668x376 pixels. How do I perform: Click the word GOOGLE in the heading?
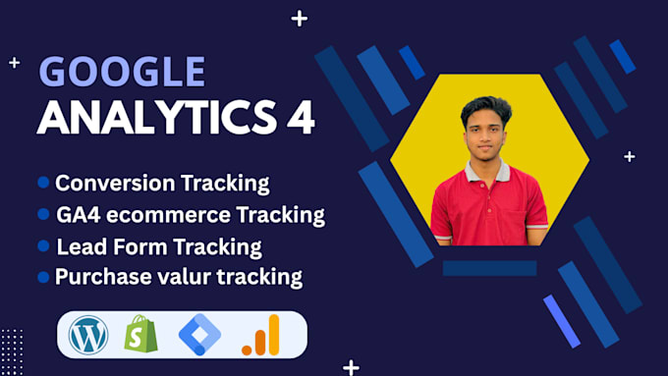tap(122, 74)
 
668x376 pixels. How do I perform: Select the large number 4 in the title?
tap(299, 119)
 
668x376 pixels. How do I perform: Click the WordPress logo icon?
tap(88, 335)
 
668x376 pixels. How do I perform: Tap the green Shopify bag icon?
tap(140, 335)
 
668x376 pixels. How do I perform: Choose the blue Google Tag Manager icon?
tap(199, 335)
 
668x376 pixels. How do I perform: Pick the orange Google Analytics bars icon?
tap(260, 335)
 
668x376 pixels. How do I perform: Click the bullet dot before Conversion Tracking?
tap(43, 183)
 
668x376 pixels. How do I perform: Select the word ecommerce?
tap(168, 214)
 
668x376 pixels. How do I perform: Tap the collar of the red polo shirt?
tap(487, 168)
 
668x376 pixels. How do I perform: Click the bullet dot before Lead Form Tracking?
tap(43, 245)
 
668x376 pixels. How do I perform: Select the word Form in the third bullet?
tap(130, 245)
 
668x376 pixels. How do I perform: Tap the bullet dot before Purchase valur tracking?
tap(43, 278)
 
